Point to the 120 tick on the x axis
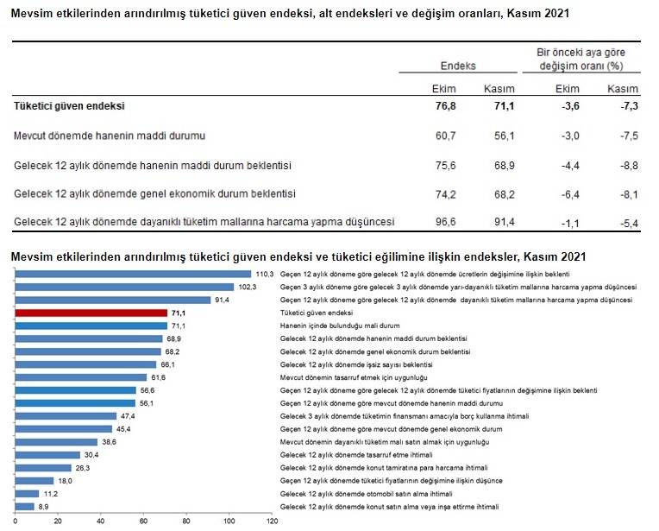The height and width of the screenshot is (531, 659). pos(273,522)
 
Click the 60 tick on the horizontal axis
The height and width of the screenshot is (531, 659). pos(144,522)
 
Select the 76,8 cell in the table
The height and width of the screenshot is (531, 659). pos(443,105)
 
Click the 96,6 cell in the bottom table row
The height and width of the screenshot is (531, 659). pos(443,222)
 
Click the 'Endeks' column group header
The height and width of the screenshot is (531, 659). pos(458,66)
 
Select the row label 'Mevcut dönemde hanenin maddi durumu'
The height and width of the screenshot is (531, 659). pos(109,136)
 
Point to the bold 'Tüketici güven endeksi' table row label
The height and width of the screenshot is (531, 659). pos(70,105)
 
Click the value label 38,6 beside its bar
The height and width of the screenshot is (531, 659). pos(110,441)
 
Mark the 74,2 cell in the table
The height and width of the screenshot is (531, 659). pos(443,193)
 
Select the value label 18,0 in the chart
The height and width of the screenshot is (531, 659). pos(66,480)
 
